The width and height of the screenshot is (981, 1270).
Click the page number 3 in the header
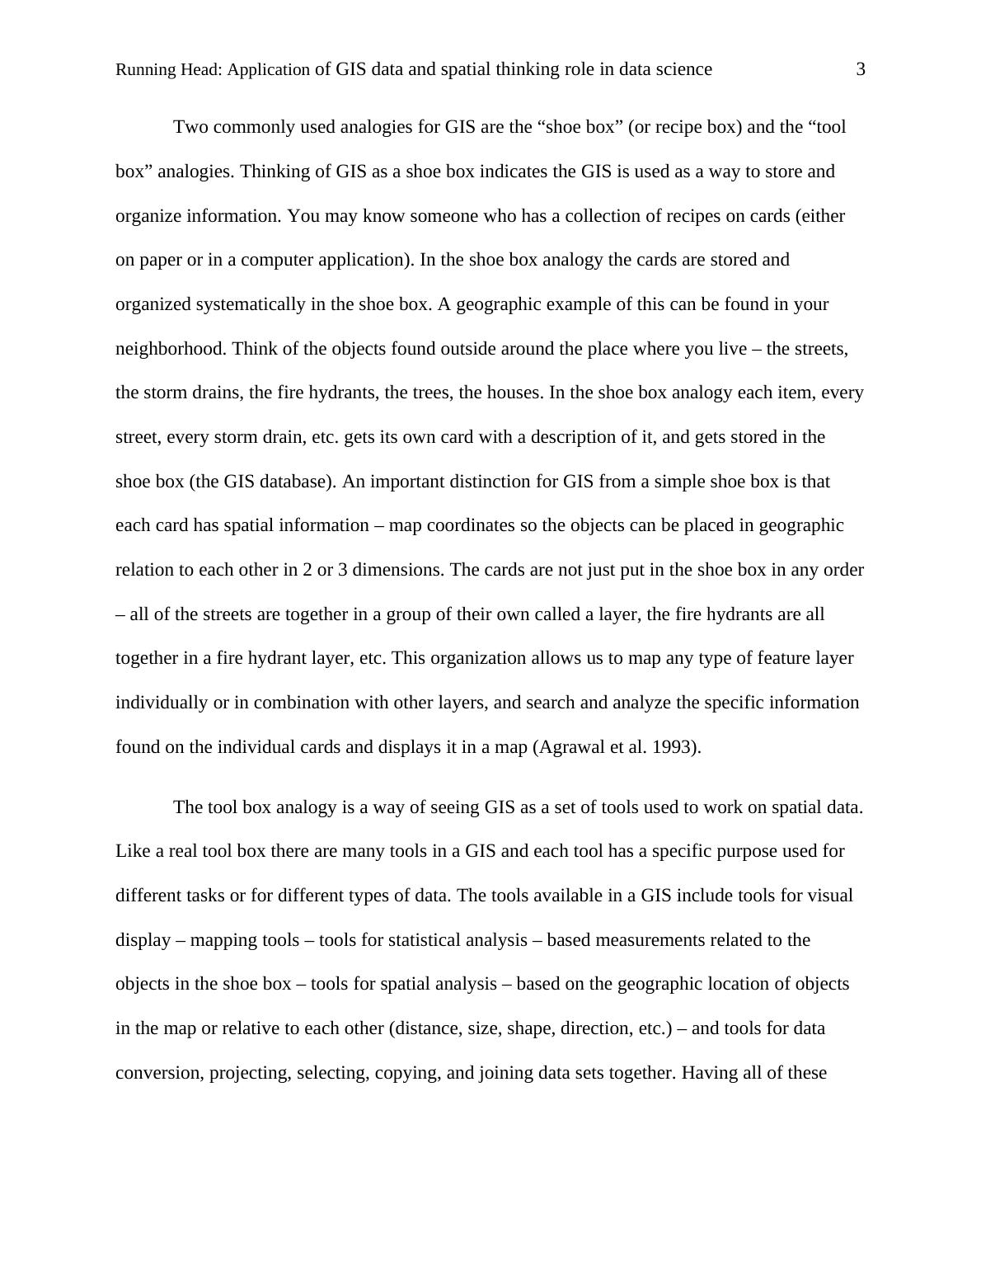point(861,69)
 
